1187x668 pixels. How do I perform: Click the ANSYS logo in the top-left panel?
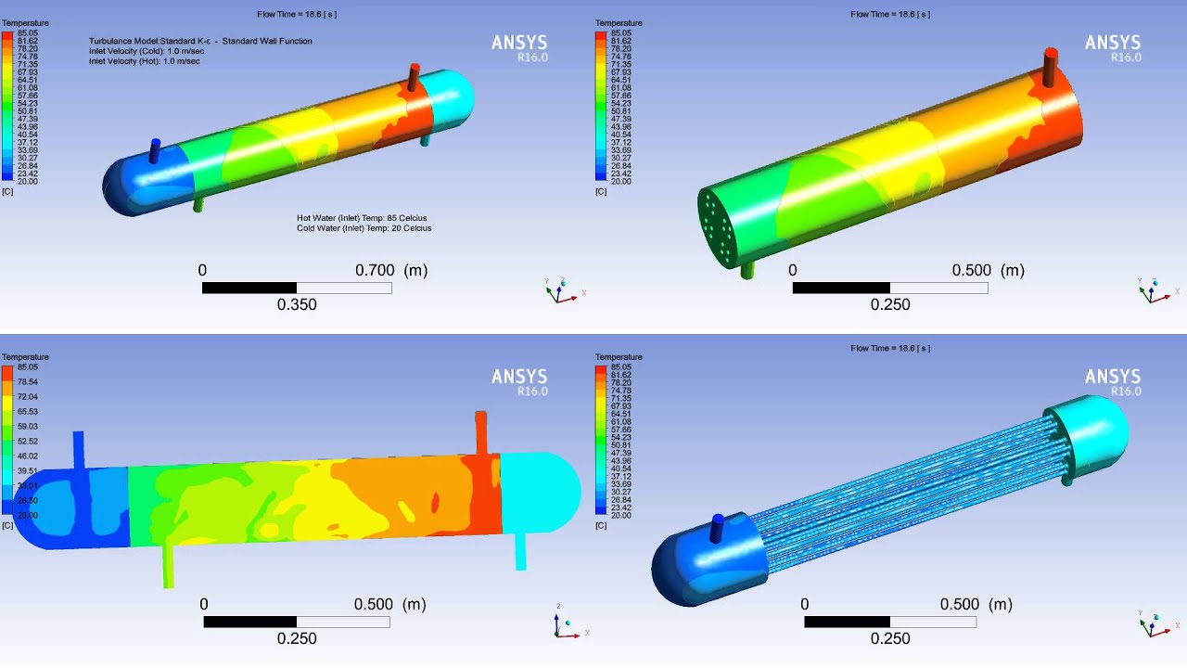coord(518,43)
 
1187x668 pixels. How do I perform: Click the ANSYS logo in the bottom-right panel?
coord(1113,377)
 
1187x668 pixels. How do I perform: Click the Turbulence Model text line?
coord(200,41)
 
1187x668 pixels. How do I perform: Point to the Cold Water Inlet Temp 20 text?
coord(364,228)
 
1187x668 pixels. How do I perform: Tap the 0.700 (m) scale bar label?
coord(390,270)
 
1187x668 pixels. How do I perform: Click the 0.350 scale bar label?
coord(297,304)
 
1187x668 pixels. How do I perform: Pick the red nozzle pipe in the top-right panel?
coord(1051,68)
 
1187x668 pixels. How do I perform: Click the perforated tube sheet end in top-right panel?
coord(717,225)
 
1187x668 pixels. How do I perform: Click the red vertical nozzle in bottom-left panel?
coord(480,432)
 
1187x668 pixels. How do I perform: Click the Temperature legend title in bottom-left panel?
coord(25,357)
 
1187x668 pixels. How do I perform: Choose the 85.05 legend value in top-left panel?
coord(27,33)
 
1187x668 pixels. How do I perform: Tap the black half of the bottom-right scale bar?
coord(847,622)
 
